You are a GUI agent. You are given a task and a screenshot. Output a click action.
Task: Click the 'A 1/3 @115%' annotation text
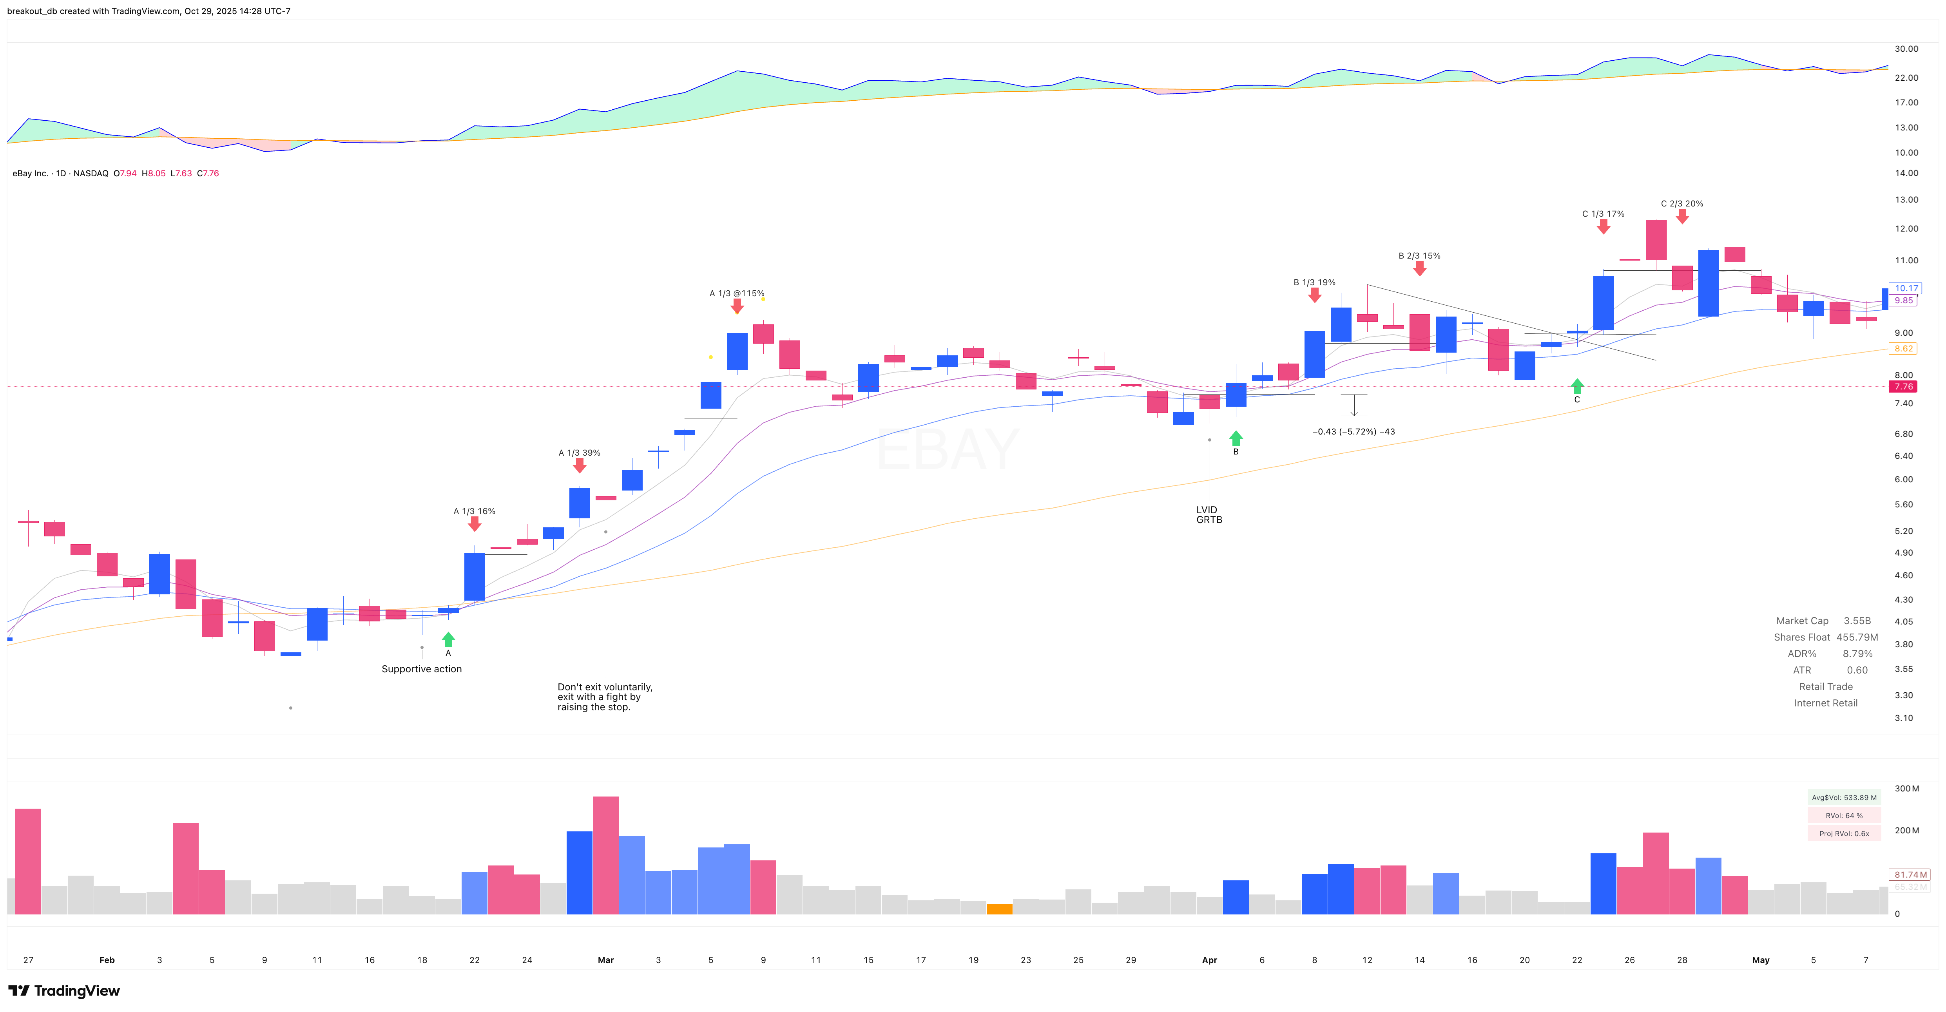point(737,293)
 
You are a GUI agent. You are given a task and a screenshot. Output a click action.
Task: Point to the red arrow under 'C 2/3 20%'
point(1681,217)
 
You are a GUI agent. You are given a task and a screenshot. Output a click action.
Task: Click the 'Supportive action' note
point(422,669)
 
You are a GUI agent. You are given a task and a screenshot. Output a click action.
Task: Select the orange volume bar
point(999,909)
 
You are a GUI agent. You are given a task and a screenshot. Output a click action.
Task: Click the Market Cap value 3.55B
point(1857,621)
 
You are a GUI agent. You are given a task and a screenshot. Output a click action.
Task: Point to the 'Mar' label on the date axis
point(606,960)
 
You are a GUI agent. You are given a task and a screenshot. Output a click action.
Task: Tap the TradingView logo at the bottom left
point(64,991)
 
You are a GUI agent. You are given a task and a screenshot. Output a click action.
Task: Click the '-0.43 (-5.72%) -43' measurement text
point(1354,432)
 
